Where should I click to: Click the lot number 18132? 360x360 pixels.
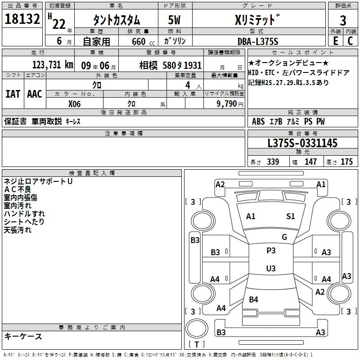click(x=22, y=19)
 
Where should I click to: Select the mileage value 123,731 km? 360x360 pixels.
click(x=53, y=65)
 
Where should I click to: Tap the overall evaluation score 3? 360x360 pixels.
click(x=343, y=21)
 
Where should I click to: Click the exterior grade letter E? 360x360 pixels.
click(x=336, y=41)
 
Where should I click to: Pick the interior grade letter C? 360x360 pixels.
click(x=350, y=41)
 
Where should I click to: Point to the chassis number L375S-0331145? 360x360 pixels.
click(x=302, y=143)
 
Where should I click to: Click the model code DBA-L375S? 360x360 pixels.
click(x=258, y=41)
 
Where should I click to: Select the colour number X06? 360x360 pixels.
click(x=74, y=104)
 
